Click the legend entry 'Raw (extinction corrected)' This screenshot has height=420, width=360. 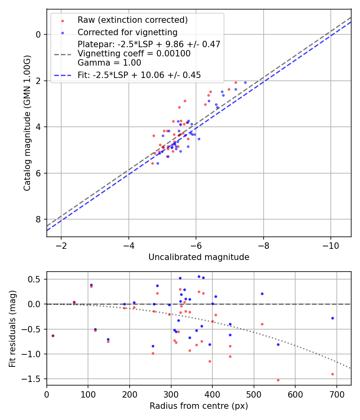coord(132,20)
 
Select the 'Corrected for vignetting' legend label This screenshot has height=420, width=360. coord(128,32)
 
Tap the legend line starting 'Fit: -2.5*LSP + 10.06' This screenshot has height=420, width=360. coord(139,75)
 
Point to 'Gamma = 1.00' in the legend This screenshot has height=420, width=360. coord(109,62)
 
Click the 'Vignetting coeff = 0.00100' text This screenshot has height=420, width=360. coord(134,54)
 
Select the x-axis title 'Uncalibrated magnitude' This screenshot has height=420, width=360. coord(199,257)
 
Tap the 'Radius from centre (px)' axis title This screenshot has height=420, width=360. coord(199,406)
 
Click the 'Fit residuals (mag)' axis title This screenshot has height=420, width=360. coord(12,328)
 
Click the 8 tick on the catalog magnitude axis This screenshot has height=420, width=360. coord(39,219)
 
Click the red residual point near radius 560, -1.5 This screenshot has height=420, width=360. coord(278,380)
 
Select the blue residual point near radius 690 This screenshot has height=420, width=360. coord(332,318)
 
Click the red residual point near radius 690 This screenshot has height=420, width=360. coord(332,374)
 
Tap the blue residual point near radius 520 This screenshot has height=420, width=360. coord(262,294)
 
